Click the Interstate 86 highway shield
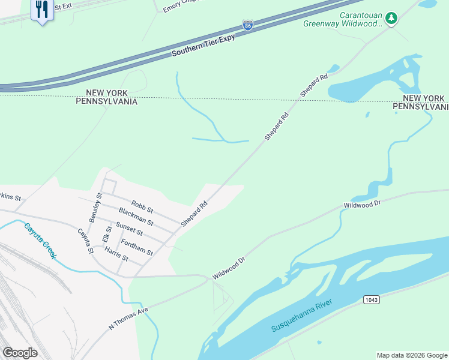point(248,25)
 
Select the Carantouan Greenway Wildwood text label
point(360,19)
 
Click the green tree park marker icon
point(391,19)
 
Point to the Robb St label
point(143,208)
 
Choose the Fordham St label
point(137,247)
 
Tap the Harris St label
point(116,254)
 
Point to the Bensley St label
point(95,208)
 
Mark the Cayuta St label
point(85,241)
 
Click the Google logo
point(20,353)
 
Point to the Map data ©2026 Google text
point(412,355)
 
